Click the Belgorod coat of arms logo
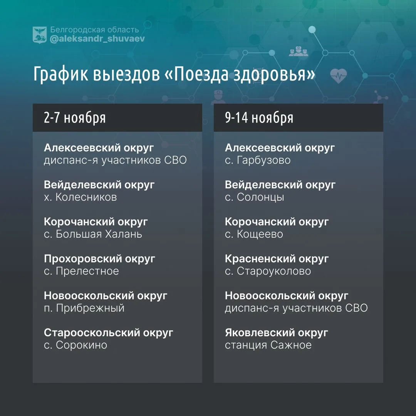pos(40,35)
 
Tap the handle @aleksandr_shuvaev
pos(97,39)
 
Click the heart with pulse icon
pos(339,76)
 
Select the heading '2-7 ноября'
pos(75,117)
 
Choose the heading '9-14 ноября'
pos(259,117)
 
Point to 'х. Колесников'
pos(81,197)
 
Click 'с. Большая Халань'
pos(93,234)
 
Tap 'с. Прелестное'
pos(81,271)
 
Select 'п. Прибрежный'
pos(84,308)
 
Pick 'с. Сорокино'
pos(75,345)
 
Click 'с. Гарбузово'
pos(258,160)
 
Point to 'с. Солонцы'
pos(255,197)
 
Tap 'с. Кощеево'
pos(254,234)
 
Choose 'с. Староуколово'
pos(268,271)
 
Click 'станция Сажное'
pos(268,345)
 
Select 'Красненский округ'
pos(277,259)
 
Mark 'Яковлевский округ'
pos(277,333)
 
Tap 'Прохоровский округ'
pos(99,259)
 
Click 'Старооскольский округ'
pos(109,333)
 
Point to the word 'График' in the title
pos(60,74)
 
